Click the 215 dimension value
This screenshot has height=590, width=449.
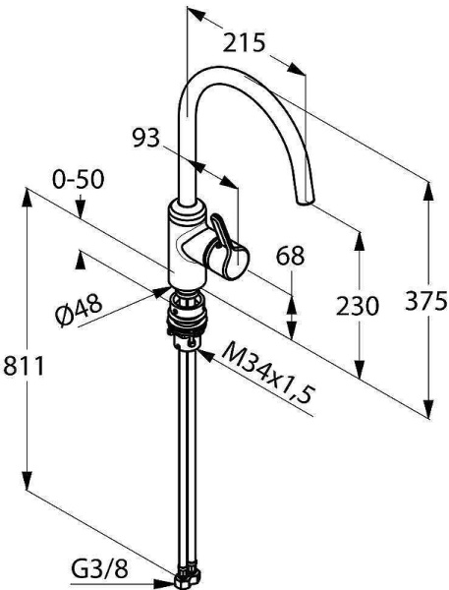(x=244, y=42)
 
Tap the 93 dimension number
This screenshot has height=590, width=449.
(x=146, y=138)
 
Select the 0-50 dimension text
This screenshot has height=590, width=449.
(x=78, y=180)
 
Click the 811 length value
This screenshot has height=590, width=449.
(x=24, y=366)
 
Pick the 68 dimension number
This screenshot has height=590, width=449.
(x=290, y=257)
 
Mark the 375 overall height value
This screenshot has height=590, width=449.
(x=426, y=301)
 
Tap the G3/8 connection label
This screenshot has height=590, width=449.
(x=100, y=569)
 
